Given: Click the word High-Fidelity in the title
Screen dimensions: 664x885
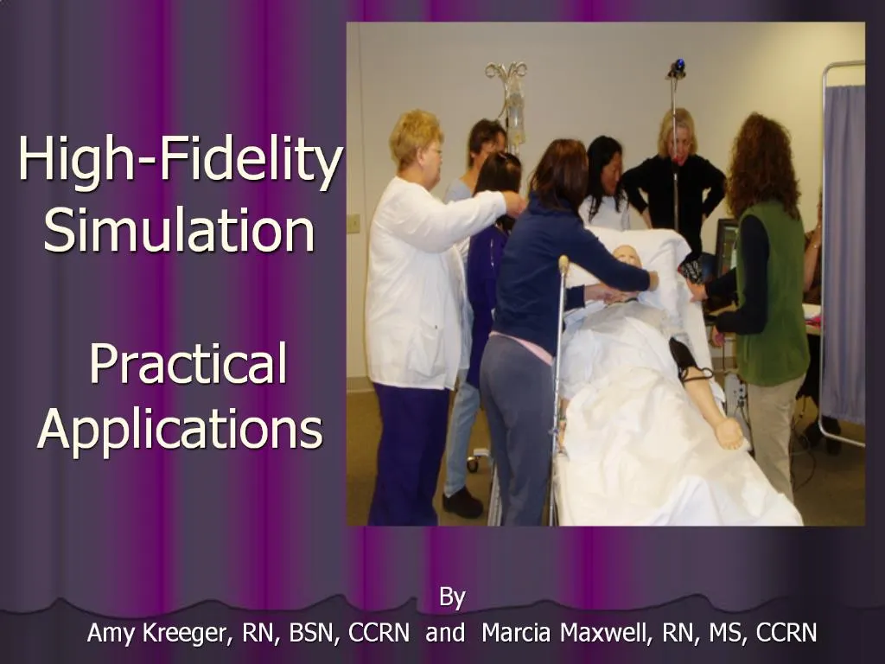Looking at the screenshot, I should coord(180,162).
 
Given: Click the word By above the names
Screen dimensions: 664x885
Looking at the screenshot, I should coord(452,597).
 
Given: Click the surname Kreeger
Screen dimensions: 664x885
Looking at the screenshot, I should coord(182,634).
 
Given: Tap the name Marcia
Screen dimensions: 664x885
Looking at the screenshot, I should coord(517,634).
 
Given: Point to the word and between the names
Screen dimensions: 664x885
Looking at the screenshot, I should coord(445,634).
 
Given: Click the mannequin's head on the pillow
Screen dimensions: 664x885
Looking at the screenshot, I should coord(625,259).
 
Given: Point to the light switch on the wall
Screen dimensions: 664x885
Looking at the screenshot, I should coord(353,223).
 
